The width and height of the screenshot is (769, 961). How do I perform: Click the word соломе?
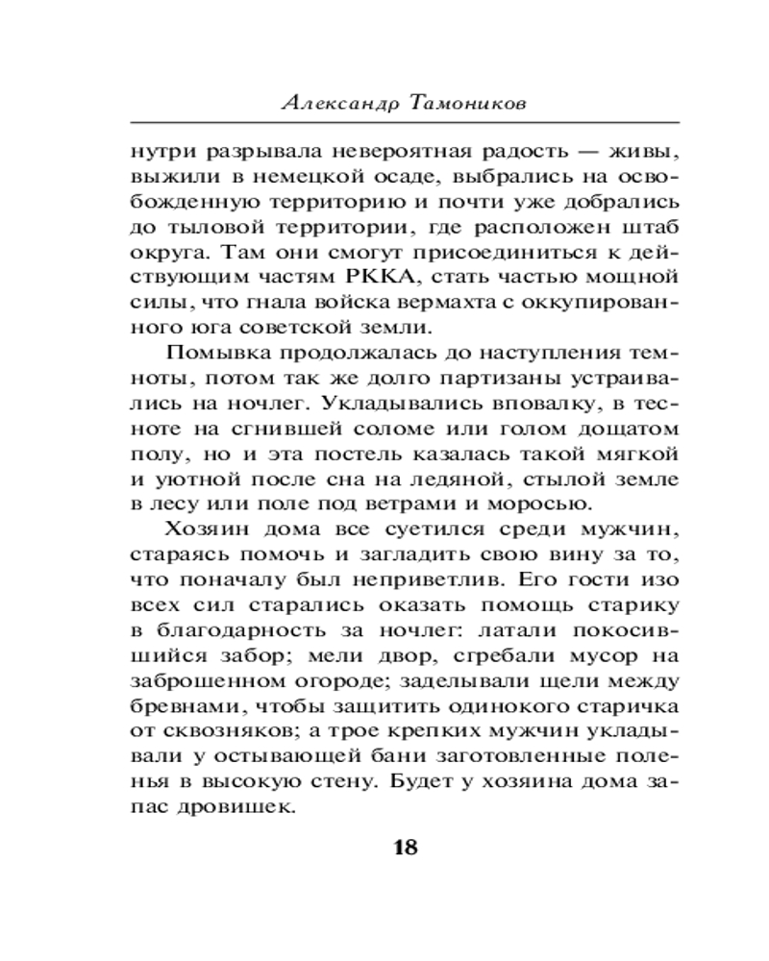[x=372, y=427]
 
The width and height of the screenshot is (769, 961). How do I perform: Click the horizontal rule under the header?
[x=405, y=123]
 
